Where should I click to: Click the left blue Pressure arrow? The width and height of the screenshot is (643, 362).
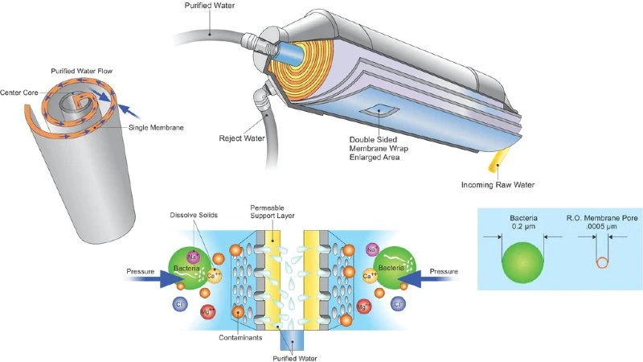(167, 278)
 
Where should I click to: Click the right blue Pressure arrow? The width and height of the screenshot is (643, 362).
(421, 278)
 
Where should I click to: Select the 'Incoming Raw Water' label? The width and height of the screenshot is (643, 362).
(498, 185)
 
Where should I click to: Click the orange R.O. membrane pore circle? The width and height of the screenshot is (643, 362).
(600, 261)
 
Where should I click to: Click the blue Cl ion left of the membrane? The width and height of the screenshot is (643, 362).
(180, 305)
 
